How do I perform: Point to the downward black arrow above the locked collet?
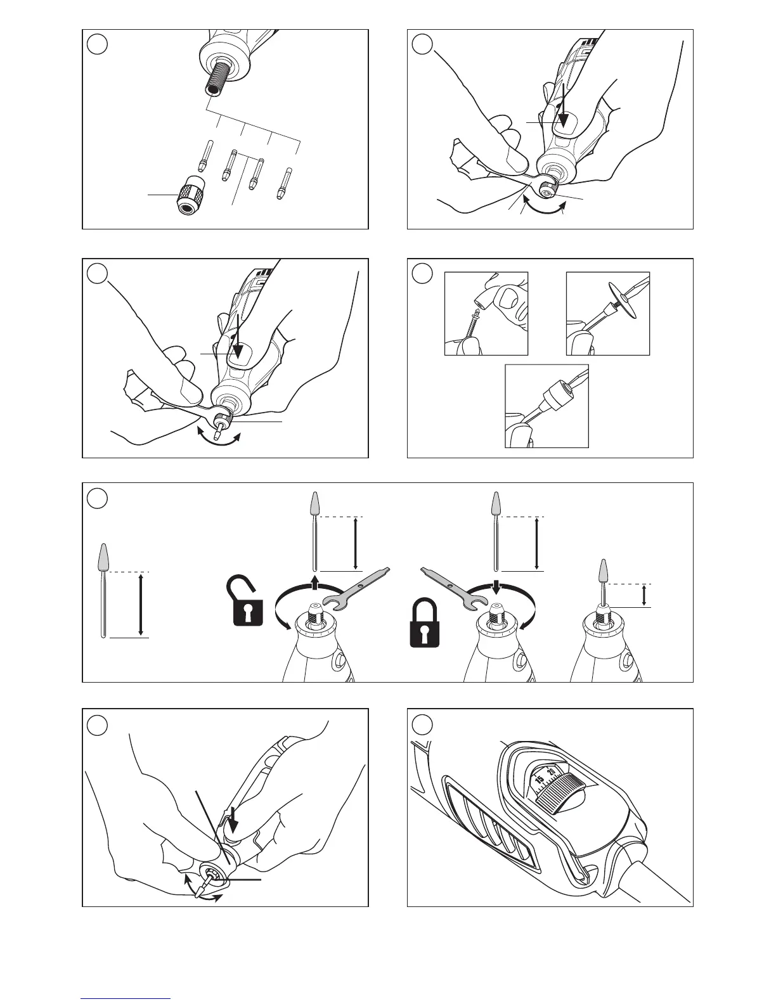(497, 584)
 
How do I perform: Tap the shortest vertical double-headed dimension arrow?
(644, 595)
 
